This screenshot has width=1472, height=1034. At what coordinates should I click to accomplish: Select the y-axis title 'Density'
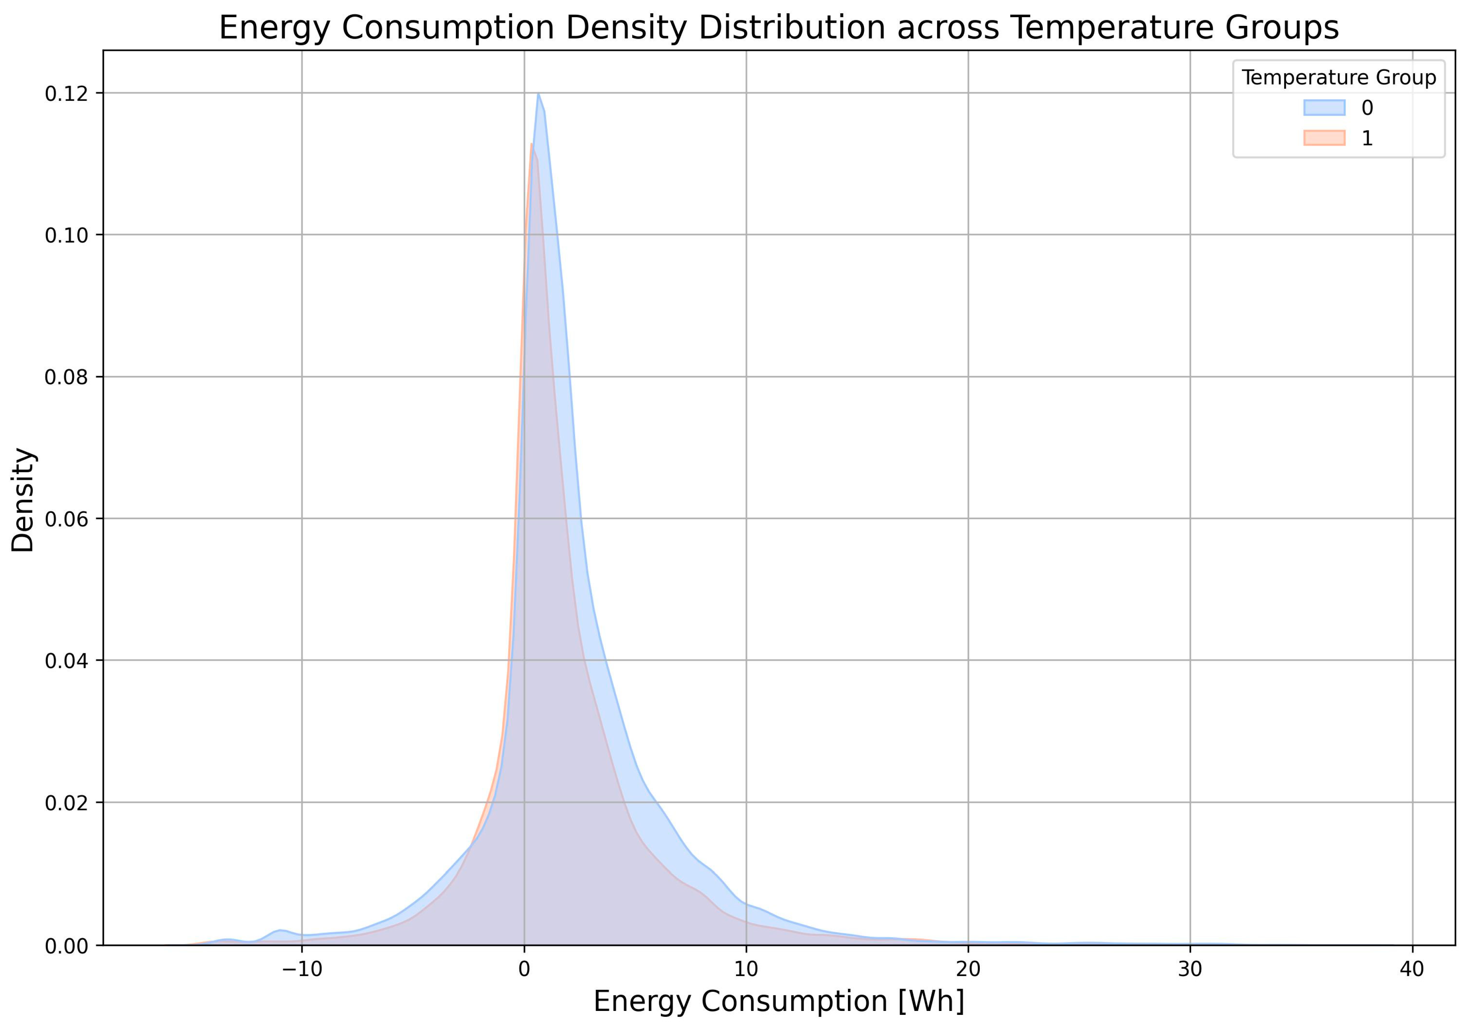24,499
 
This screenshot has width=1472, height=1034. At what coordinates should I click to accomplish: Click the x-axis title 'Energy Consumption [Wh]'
778,1001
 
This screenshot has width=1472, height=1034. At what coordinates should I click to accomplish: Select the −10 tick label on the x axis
302,969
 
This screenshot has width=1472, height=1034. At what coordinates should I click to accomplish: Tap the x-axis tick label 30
1190,969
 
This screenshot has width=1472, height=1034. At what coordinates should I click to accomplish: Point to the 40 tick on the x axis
1412,969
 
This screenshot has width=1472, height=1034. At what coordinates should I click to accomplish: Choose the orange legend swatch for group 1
1324,138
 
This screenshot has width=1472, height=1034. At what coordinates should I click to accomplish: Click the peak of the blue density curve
538,94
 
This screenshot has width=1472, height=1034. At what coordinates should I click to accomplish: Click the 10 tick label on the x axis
746,969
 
